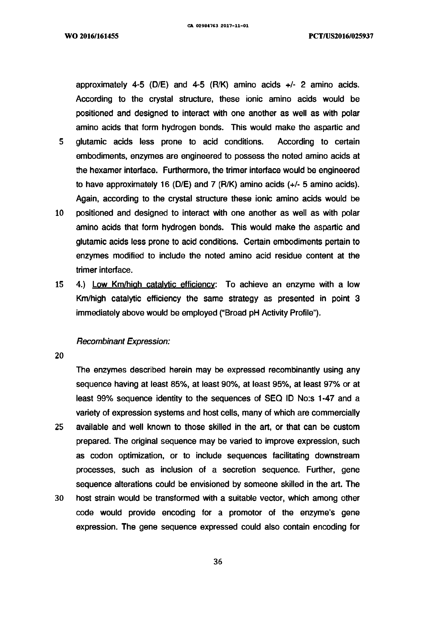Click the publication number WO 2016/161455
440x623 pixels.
coord(92,36)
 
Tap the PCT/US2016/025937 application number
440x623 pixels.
coord(341,36)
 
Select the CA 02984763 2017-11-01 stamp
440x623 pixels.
coord(218,26)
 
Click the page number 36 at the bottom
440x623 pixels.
coord(218,562)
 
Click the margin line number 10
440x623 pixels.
coord(59,213)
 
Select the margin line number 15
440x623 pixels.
coord(59,284)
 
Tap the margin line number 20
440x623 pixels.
coord(59,356)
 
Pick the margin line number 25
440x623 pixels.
coord(59,427)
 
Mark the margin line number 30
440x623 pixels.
coord(59,498)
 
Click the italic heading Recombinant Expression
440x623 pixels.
coord(123,341)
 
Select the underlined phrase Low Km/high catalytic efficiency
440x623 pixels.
coord(153,284)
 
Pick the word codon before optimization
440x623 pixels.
coord(101,456)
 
